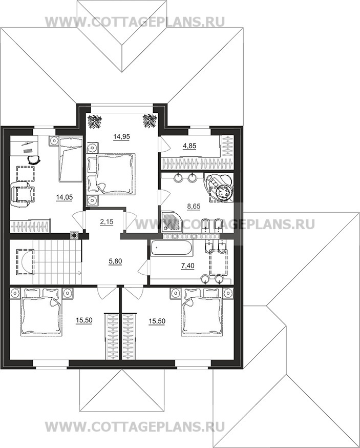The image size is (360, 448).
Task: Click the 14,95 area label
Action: pos(121,136)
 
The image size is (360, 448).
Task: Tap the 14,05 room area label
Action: pos(64,197)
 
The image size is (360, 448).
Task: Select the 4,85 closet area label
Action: pos(189,146)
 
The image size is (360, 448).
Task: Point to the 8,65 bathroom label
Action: pos(194,206)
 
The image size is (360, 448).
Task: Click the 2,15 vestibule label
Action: pos(107,221)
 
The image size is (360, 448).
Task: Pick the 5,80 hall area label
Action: pos(115,261)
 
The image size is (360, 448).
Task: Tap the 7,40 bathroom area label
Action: pos(187,266)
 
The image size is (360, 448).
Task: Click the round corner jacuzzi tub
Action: pos(220,188)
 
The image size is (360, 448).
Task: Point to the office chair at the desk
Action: pos(34,159)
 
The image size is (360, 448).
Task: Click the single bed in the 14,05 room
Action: pos(71,159)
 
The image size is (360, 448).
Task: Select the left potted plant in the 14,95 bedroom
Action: pos(93,121)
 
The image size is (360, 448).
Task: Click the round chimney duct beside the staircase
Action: pos(75,235)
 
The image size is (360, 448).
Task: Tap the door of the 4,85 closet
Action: pos(165,144)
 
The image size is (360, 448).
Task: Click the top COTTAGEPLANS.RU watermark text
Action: pos(135,22)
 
